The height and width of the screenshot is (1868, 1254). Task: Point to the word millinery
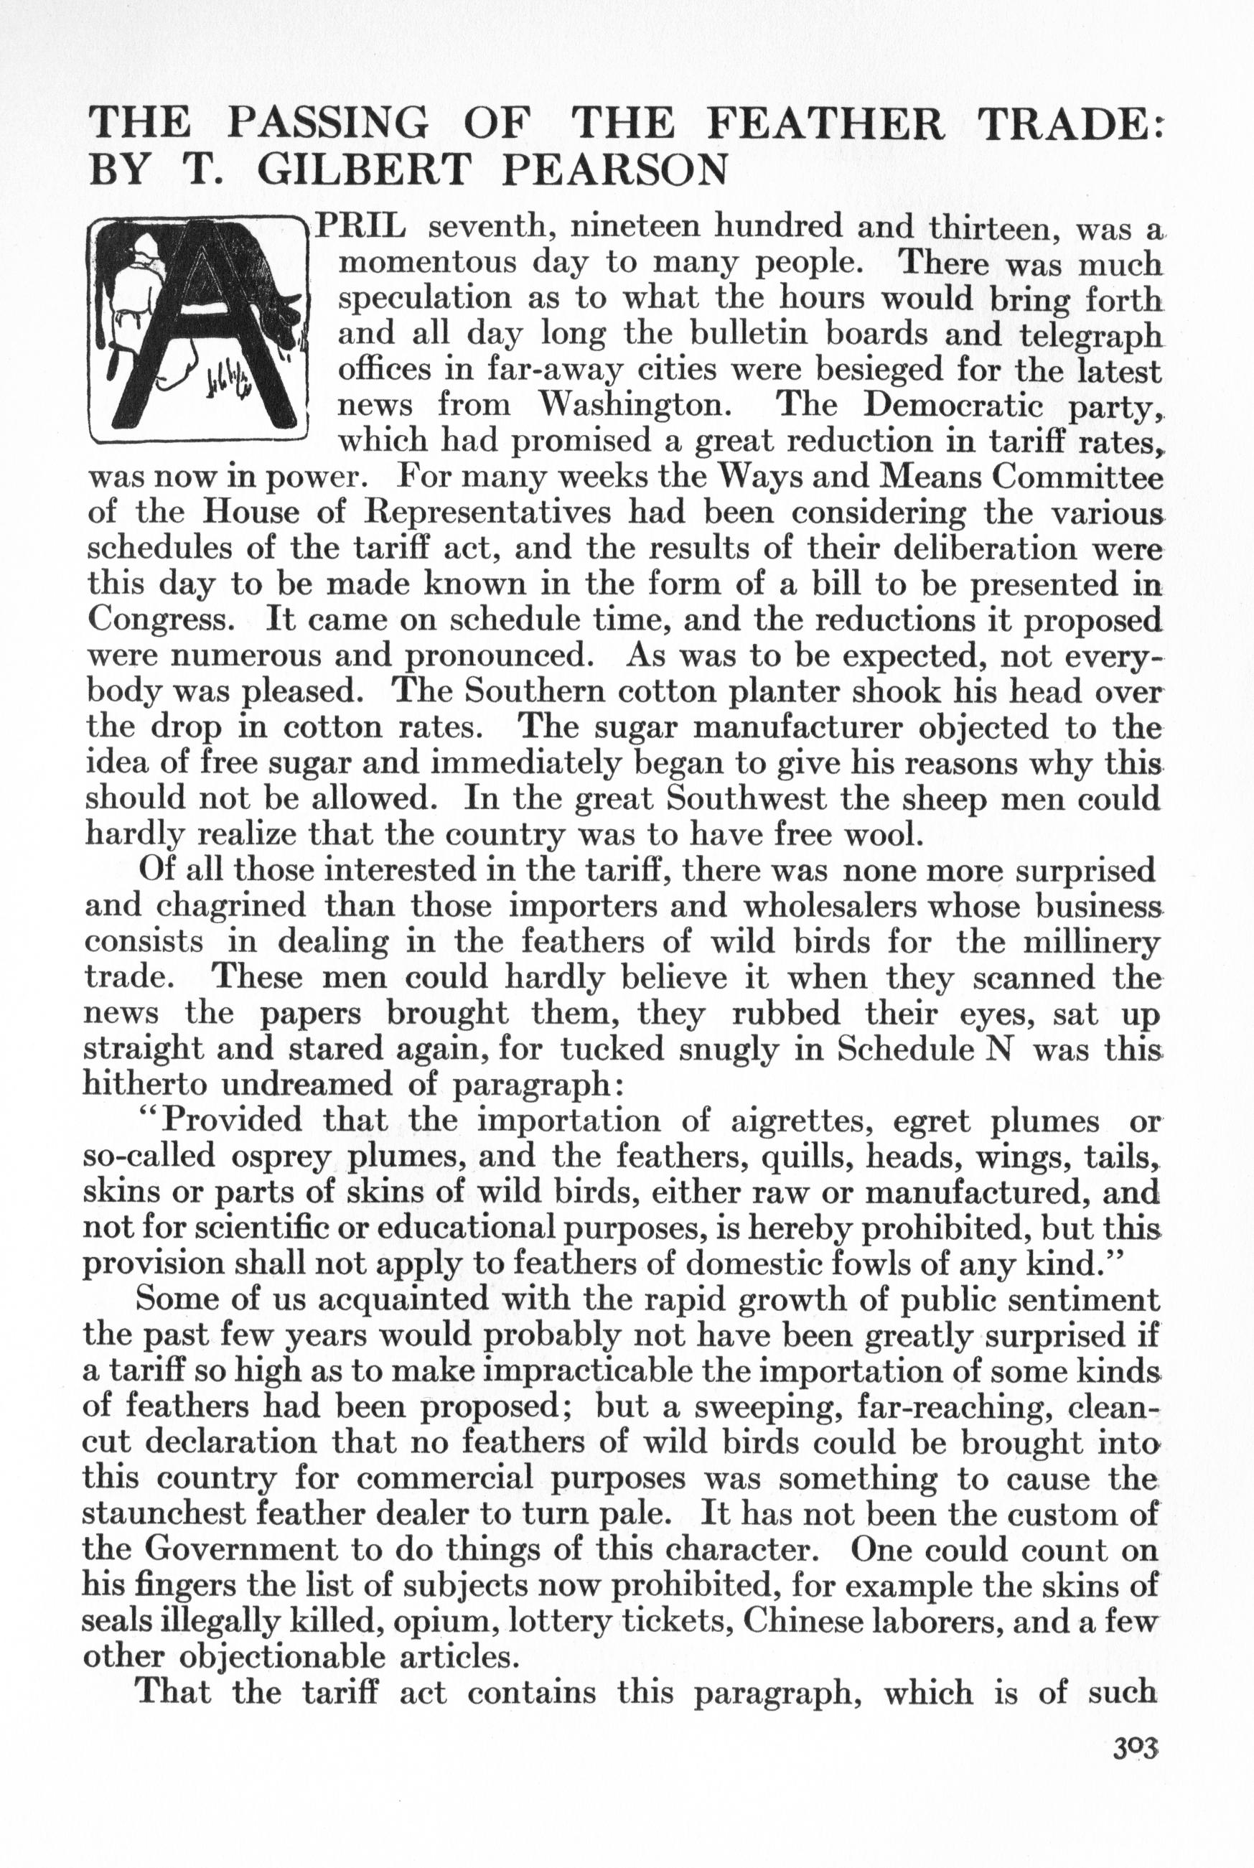point(1092,941)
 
